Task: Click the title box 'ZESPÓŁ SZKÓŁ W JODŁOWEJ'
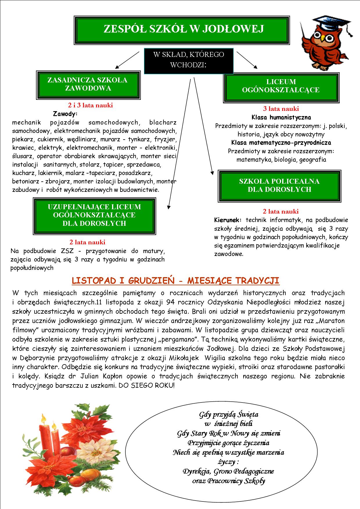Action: point(183,30)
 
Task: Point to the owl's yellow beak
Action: point(323,37)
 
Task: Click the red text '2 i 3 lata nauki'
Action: point(90,105)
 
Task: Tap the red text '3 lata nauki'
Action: point(281,109)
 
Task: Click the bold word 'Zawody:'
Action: point(65,113)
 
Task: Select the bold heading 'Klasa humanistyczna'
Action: point(281,118)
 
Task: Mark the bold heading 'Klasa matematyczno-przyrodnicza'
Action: point(281,143)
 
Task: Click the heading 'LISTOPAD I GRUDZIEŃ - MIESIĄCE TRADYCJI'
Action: point(175,281)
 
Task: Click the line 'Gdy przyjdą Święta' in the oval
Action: point(228,414)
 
